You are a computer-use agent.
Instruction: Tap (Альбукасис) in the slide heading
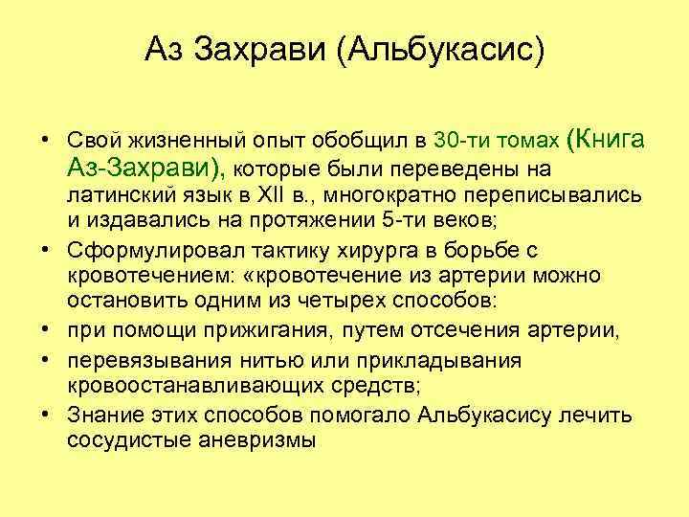[x=439, y=49]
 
